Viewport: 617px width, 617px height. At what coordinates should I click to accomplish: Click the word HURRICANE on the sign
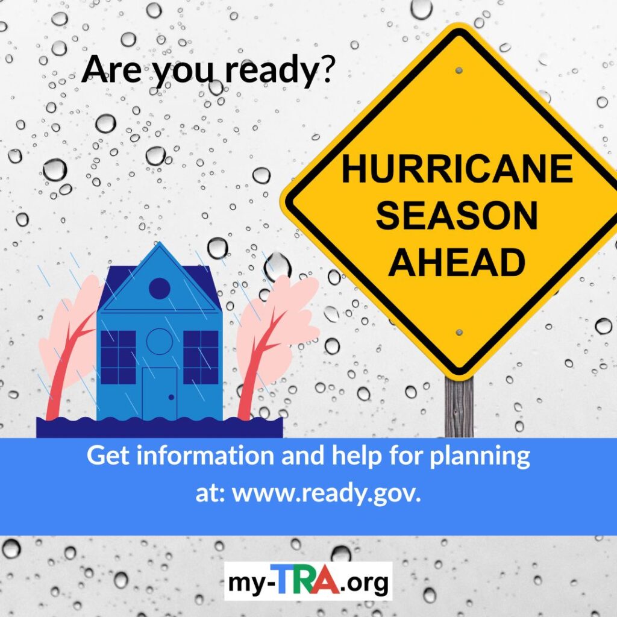(457, 169)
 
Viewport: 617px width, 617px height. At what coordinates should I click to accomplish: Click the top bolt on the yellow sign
(459, 71)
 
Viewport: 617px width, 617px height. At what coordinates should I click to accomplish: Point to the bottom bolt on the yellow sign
(459, 333)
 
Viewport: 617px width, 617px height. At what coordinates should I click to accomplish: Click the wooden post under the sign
(459, 407)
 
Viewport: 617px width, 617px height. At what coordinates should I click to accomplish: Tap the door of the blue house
(159, 393)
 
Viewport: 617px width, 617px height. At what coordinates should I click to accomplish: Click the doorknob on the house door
(171, 398)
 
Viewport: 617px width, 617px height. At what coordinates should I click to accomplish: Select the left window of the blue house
(119, 357)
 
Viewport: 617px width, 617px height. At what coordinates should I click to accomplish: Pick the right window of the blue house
(201, 357)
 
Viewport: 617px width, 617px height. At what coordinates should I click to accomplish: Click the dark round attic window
(159, 288)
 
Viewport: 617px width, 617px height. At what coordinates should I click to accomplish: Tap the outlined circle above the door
(159, 342)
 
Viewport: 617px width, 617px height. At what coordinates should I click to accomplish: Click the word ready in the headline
(271, 70)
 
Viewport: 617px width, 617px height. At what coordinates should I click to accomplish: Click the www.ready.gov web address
(327, 493)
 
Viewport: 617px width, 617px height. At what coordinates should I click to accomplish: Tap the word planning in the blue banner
(480, 457)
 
